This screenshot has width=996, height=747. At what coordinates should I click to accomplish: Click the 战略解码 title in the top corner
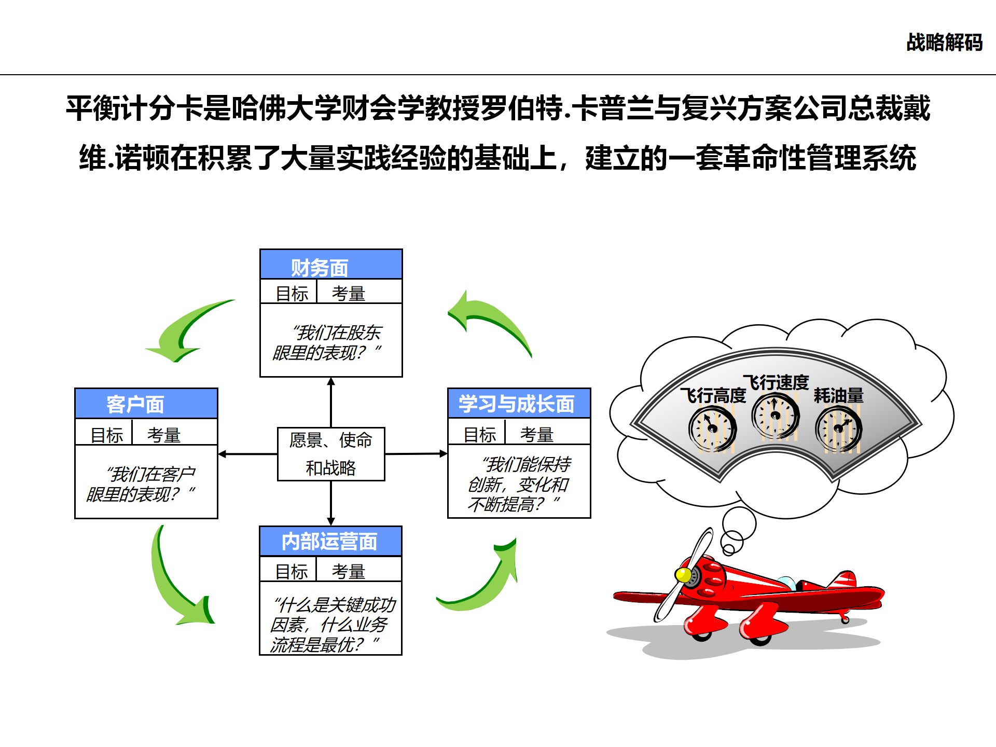(944, 43)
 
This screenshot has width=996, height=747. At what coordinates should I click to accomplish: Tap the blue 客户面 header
(146, 404)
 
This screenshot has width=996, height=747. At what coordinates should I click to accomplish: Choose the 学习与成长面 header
(519, 404)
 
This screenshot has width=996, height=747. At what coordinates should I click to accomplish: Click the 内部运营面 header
(330, 542)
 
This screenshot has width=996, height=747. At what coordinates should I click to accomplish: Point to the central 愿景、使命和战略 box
(331, 454)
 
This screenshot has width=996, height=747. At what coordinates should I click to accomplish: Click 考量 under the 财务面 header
(348, 293)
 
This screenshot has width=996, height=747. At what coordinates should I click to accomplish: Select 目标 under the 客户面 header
(107, 435)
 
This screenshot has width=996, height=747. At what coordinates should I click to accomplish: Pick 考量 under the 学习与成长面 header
(536, 434)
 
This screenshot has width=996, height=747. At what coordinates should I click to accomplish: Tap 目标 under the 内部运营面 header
(292, 571)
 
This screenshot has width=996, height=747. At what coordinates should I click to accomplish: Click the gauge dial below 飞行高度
(712, 429)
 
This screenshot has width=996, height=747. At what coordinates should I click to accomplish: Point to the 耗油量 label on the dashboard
(838, 396)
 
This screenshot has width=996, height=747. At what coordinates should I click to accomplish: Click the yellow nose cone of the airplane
(683, 575)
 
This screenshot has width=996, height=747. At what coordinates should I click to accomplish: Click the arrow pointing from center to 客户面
(247, 454)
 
